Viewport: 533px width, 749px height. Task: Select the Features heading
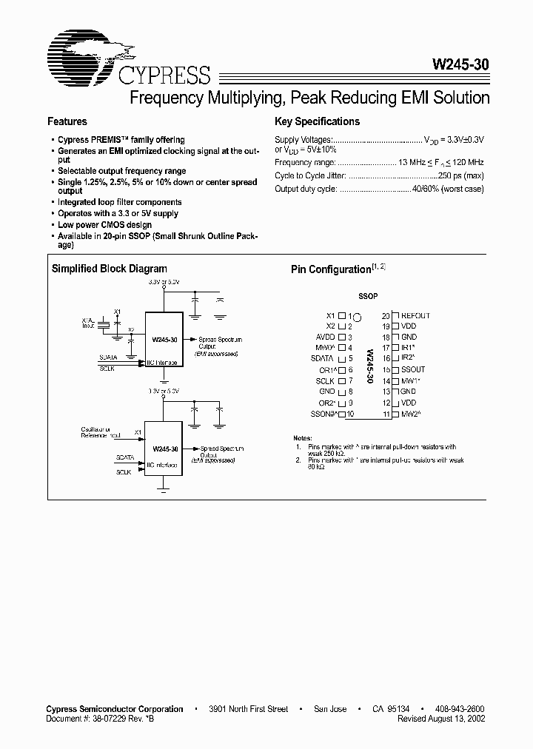67,121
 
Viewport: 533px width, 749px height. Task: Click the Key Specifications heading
317,121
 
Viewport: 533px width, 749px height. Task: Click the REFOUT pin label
415,316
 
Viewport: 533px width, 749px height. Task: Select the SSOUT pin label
413,370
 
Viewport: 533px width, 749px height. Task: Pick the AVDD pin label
326,337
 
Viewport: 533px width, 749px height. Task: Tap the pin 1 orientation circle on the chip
357,317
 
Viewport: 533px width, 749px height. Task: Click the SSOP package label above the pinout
368,296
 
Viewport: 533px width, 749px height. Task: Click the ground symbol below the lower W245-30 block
164,488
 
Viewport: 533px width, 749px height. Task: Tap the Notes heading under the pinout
303,438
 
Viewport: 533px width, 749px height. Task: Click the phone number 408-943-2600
457,709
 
